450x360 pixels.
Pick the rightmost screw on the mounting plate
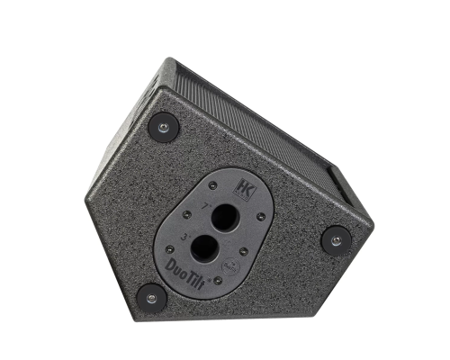pyautogui.click(x=261, y=217)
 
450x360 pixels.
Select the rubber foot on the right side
pyautogui.click(x=337, y=240)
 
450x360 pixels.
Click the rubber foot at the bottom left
pyautogui.click(x=151, y=297)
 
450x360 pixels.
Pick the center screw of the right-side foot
pyautogui.click(x=337, y=240)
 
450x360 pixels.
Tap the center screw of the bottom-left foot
pyautogui.click(x=151, y=297)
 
